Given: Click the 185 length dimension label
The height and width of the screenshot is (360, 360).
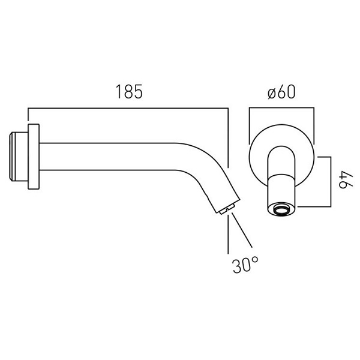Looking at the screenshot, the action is tap(129, 92).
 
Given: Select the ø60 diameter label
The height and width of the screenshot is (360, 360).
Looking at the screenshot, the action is tap(281, 92).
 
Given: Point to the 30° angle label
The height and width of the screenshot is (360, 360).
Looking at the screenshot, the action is tap(245, 265).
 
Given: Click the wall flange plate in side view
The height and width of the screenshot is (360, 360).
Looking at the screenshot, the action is tap(34, 157).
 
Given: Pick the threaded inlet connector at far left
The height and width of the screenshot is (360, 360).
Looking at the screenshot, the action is tap(19, 157).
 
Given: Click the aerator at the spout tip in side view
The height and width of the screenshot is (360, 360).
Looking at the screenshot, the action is tap(227, 209).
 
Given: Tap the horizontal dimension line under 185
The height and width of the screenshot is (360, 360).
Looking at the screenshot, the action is tap(128, 108).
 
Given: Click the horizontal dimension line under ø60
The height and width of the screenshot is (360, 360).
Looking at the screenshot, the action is tap(281, 107).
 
